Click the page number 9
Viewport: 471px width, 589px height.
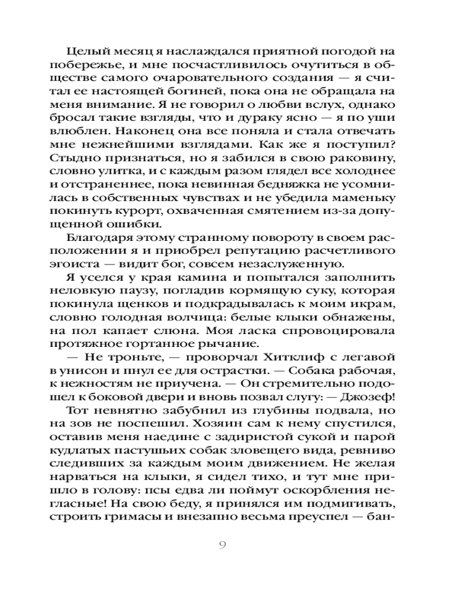[x=222, y=544]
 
